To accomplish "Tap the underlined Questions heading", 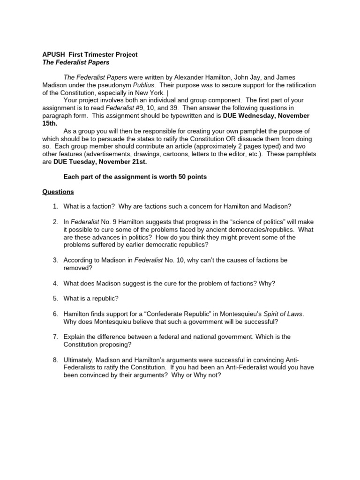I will coord(58,192).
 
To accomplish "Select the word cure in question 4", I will coord(165,283).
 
